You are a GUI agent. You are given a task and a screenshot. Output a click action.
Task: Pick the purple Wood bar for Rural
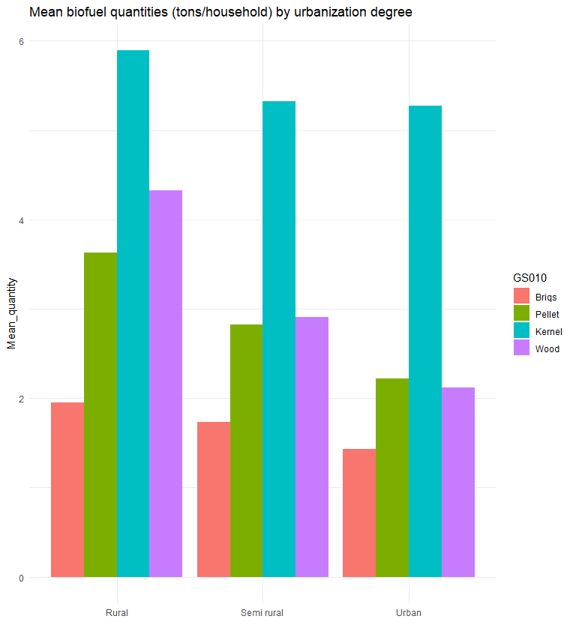166,383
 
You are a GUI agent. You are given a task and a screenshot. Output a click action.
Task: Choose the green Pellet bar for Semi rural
246,450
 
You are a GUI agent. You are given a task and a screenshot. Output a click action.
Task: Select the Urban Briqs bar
359,513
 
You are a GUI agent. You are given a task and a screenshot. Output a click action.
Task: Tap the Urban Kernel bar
425,341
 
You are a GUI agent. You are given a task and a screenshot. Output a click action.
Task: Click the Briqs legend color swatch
522,297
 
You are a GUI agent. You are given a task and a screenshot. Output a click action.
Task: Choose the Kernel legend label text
549,331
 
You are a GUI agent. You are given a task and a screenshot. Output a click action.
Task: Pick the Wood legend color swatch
522,348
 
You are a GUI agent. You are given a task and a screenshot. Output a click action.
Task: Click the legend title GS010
529,278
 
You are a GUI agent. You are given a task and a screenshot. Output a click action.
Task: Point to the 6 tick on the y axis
21,42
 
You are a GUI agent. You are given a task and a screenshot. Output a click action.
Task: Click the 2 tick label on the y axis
21,399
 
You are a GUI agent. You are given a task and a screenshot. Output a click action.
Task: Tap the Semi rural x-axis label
262,613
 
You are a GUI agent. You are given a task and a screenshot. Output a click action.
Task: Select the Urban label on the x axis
409,613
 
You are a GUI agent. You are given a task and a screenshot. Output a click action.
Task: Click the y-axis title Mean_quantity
11,313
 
